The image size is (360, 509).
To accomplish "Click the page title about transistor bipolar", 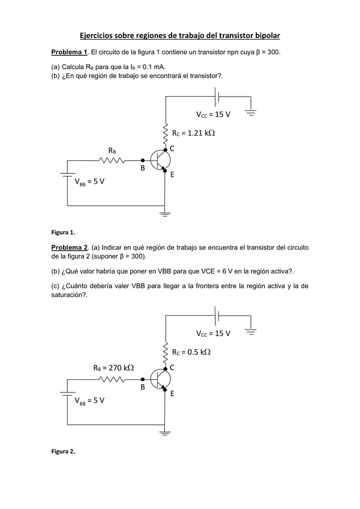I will point(180,36).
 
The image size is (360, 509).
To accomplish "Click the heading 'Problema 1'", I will point(70,52).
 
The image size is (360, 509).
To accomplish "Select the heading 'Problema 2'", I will point(70,247).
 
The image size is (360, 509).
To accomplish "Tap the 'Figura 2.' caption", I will point(63,451).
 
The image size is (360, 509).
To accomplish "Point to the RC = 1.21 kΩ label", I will point(193,133).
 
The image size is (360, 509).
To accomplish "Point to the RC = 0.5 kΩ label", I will point(191,352).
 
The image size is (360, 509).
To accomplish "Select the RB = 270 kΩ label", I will point(113,367).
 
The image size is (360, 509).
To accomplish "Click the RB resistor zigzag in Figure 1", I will point(112,160).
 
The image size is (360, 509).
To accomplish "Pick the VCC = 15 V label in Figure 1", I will point(214,114).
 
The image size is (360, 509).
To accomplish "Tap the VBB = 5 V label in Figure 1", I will point(90,182).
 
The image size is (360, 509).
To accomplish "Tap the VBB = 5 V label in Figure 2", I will point(90,401).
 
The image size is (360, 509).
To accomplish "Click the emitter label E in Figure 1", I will point(172,175).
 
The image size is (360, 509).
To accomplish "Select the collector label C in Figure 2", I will point(172,367).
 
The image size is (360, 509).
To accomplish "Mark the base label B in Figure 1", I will point(143,169).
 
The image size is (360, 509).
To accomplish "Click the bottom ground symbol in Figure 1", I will point(165,212).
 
